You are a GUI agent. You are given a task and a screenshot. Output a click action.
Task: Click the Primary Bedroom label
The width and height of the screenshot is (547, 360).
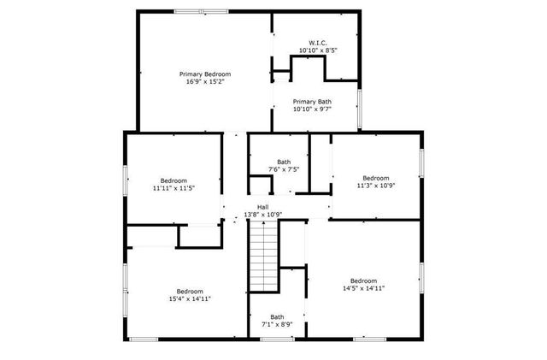(204, 74)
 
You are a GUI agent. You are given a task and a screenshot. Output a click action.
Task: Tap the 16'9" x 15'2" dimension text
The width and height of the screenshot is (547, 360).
(204, 83)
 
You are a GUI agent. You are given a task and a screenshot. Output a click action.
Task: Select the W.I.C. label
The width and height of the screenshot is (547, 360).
(318, 43)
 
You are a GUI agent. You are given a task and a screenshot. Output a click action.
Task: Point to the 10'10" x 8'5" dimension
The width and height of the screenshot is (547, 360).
(318, 51)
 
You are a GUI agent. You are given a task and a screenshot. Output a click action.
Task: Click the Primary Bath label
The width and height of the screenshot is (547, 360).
(312, 101)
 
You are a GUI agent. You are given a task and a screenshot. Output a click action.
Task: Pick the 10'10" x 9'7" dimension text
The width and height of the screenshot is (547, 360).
(312, 109)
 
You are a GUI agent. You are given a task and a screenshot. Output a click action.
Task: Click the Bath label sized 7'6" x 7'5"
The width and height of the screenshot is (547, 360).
(284, 162)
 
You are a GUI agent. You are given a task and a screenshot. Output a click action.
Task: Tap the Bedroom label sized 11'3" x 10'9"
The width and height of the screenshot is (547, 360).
(375, 178)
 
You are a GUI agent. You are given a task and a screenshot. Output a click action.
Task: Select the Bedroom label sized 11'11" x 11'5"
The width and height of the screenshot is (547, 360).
(174, 180)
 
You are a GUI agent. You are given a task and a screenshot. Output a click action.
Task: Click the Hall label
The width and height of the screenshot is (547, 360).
(262, 206)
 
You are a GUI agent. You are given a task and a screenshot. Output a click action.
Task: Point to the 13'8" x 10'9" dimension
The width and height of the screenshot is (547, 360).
(262, 215)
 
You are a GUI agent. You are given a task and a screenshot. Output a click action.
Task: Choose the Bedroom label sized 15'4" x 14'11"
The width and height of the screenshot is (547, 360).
(190, 291)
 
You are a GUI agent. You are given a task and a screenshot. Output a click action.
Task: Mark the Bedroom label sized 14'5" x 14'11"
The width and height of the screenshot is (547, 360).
(363, 280)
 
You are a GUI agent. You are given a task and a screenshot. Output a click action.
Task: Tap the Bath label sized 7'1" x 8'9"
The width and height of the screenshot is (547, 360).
(278, 316)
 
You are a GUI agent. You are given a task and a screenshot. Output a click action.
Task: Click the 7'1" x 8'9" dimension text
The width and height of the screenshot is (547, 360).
(278, 325)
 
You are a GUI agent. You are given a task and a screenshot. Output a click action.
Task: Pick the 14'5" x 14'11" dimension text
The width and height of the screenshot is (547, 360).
(363, 289)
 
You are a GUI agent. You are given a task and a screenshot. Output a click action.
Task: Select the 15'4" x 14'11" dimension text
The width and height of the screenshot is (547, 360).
(190, 299)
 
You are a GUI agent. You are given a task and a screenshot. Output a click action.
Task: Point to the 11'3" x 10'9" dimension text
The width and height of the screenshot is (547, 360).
(375, 186)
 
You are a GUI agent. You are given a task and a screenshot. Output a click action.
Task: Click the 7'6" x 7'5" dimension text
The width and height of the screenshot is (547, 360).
(284, 170)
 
